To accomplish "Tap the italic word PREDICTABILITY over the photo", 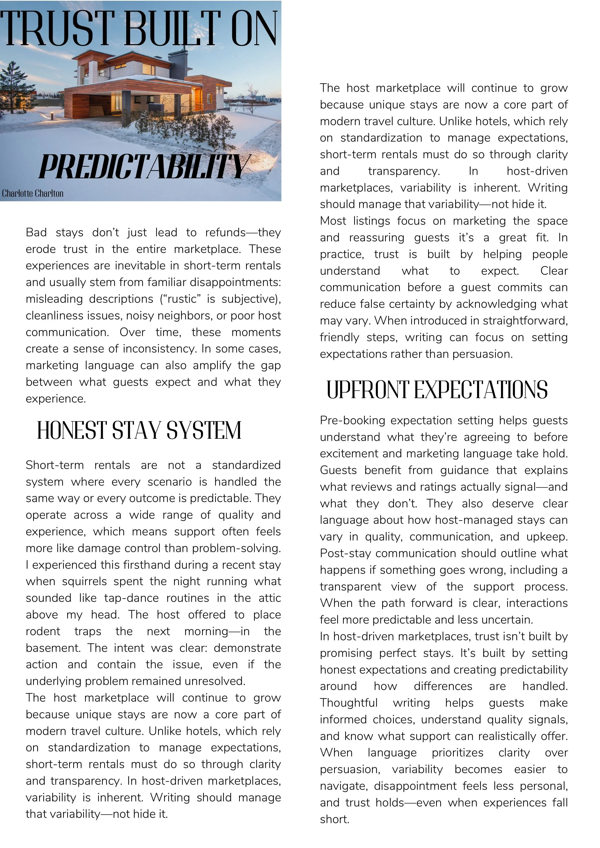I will [144, 167].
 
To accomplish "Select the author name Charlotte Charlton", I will [32, 193].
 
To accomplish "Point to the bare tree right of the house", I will [252, 96].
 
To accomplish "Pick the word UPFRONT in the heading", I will [368, 390].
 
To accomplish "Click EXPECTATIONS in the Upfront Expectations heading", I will [480, 390].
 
